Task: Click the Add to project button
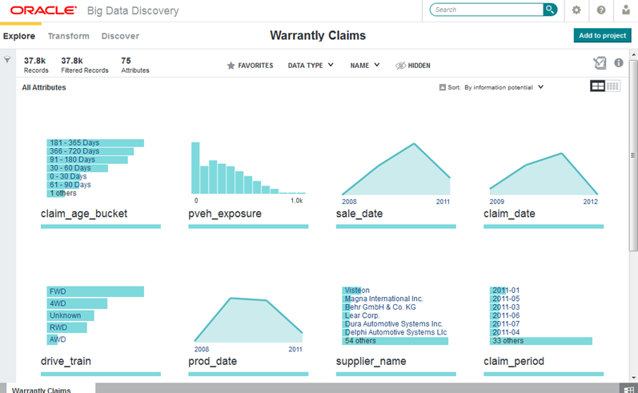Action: point(602,35)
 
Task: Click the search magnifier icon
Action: point(550,10)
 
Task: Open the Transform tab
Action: point(68,36)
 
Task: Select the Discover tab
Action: point(120,36)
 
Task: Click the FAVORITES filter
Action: point(250,66)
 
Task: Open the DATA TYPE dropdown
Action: point(311,66)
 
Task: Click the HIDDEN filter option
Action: point(413,66)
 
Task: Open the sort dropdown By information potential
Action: point(504,86)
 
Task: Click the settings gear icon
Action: point(576,10)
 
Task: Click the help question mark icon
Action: point(601,10)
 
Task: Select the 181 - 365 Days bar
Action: point(95,142)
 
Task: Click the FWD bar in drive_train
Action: point(95,291)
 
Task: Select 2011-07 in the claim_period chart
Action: point(506,324)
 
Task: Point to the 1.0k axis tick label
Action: point(296,200)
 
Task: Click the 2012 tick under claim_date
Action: point(590,201)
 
